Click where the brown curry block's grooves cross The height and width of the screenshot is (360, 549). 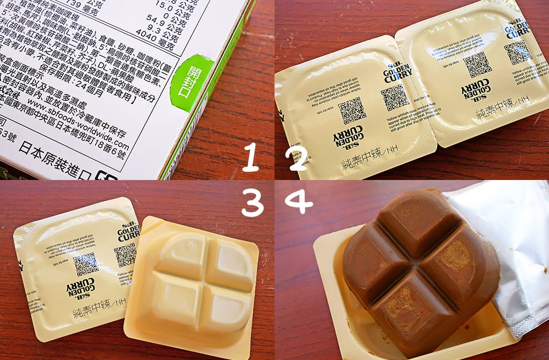click(x=419, y=268)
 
